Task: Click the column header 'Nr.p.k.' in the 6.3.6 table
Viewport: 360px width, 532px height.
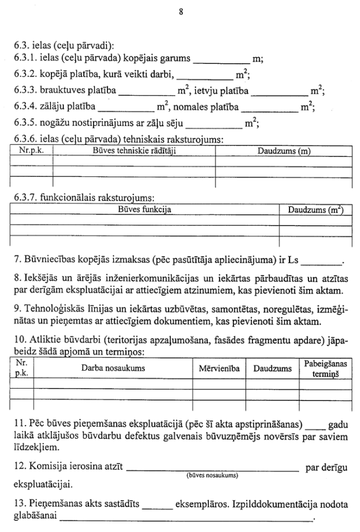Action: point(31,151)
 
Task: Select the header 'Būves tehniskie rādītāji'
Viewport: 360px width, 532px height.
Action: point(134,151)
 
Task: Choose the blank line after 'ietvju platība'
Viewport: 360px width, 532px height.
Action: point(280,92)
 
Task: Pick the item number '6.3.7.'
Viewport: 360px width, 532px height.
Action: point(26,197)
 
